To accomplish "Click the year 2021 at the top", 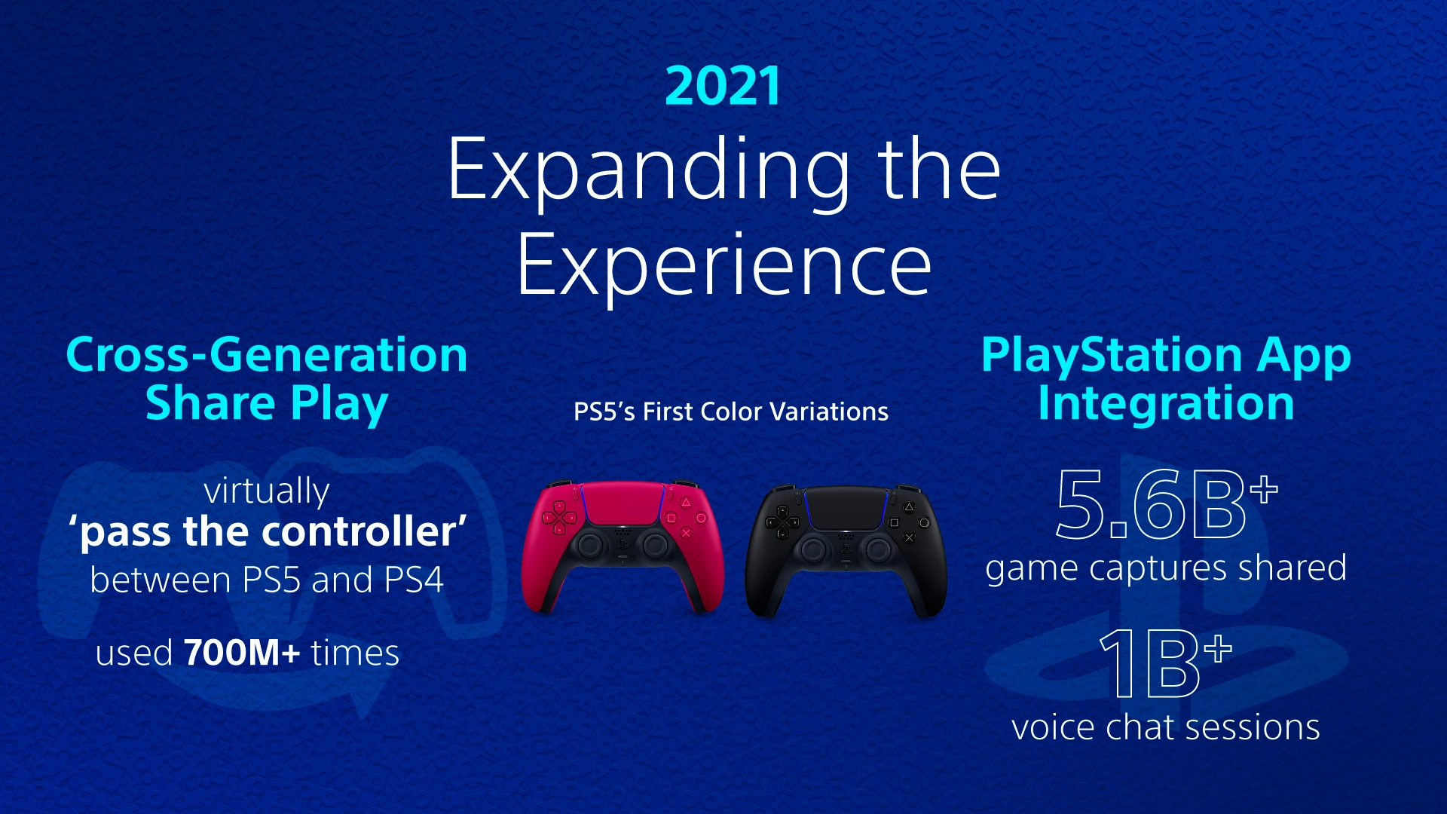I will click(723, 86).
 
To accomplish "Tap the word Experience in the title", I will click(723, 265).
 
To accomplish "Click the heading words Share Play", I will click(266, 403).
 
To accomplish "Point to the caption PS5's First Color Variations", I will click(730, 412).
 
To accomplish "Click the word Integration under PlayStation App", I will click(1166, 403).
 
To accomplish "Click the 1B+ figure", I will click(1164, 663).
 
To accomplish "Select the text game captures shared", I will click(1166, 568).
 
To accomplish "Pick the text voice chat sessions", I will click(1166, 727).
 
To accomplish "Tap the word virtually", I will click(267, 491).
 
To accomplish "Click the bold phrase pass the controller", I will click(268, 532).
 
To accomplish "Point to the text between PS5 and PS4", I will click(267, 580).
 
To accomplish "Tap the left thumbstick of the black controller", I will click(813, 549).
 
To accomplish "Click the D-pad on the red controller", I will click(559, 518).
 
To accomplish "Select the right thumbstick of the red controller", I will click(654, 545).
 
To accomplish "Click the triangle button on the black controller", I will click(908, 507).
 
